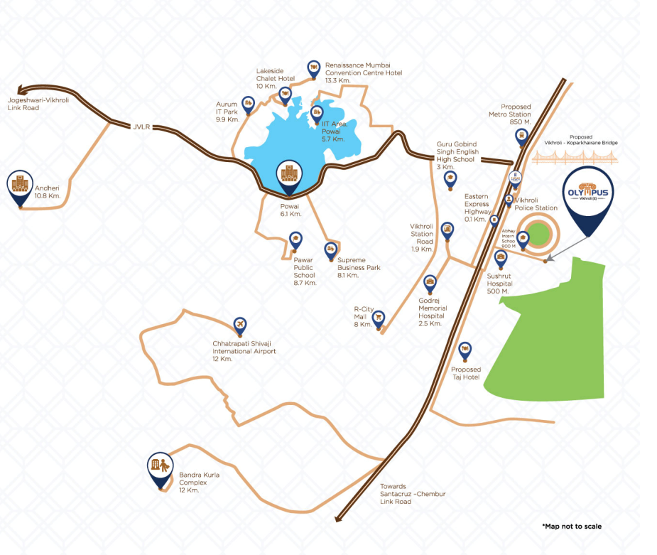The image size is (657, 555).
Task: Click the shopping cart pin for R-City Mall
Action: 379,317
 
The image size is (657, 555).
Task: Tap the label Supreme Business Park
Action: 359,264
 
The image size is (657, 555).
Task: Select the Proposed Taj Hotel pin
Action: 465,350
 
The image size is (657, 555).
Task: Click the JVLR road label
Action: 143,127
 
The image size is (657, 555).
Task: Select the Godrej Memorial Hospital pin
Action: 430,285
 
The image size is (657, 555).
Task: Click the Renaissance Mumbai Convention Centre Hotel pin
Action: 313,68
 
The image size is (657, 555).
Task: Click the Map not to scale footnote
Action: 571,527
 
